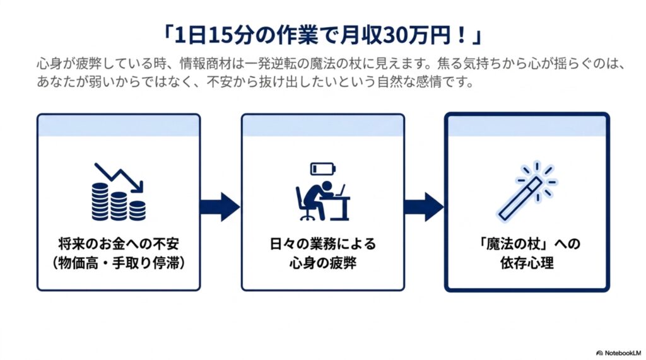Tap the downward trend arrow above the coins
119,177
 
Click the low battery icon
323,168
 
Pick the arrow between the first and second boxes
220,207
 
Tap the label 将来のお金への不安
119,244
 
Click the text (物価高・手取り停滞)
119,263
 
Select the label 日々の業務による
323,244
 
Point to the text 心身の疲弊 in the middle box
323,263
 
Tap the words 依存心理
527,263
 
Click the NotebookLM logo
619,353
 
